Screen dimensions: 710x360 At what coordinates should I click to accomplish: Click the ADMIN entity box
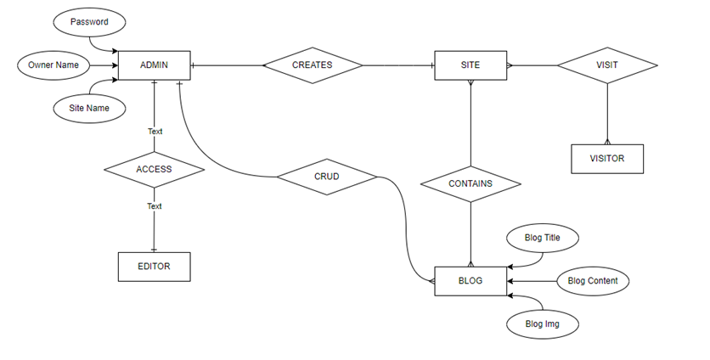tap(154, 65)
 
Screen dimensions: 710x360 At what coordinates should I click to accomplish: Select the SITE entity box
tap(471, 65)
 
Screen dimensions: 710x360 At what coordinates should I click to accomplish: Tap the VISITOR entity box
tap(607, 159)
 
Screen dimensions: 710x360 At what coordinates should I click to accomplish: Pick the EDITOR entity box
tap(154, 267)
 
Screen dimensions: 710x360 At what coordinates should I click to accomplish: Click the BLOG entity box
tap(471, 281)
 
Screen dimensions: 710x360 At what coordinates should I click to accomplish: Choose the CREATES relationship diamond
tap(313, 65)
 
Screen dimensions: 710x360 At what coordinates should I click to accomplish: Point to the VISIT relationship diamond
tap(607, 65)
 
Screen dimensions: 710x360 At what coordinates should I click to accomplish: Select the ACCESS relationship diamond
tap(154, 170)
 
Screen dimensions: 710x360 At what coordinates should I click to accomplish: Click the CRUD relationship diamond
tap(327, 177)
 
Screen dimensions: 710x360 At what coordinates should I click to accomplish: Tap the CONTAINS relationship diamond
tap(471, 184)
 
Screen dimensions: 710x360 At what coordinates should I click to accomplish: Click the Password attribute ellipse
tap(89, 22)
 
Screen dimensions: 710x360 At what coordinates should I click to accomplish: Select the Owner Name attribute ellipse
tap(54, 65)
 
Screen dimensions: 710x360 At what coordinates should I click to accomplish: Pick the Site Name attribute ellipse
tap(89, 108)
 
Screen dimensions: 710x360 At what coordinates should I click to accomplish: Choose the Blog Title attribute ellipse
tap(543, 239)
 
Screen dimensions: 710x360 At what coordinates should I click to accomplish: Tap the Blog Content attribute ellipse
tap(593, 281)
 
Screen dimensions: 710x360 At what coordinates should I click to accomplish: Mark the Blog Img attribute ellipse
tap(543, 324)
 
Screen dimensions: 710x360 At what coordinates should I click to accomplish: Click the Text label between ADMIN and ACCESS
tap(155, 132)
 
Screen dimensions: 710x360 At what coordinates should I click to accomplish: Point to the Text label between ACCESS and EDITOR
tap(154, 206)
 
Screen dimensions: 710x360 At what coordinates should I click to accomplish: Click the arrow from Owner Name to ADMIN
tap(104, 65)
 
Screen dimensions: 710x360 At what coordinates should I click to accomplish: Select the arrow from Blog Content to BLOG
tap(532, 281)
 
